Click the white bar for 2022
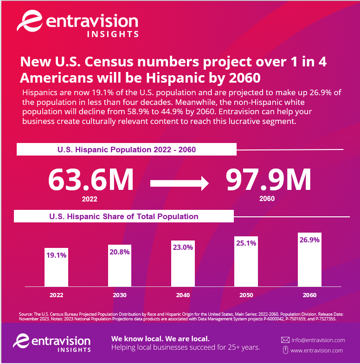tap(57, 267)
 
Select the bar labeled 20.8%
tap(120, 266)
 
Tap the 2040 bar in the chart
tap(183, 264)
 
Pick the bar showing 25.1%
tap(246, 261)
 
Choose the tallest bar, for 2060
tap(310, 260)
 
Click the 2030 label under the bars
tap(120, 295)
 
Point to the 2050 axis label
tap(246, 295)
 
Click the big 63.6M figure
tap(91, 179)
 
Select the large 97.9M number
tap(268, 179)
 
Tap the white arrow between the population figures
tap(180, 183)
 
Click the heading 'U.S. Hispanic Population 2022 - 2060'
tap(127, 149)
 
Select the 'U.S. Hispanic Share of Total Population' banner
tap(124, 216)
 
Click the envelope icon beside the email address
tap(285, 340)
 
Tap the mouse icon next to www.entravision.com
tap(286, 350)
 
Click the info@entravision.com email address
tap(318, 340)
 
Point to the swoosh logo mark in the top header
tap(30, 20)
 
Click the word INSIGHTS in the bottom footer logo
tap(74, 350)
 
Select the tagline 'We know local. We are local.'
tap(161, 339)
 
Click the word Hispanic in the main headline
tap(175, 78)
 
